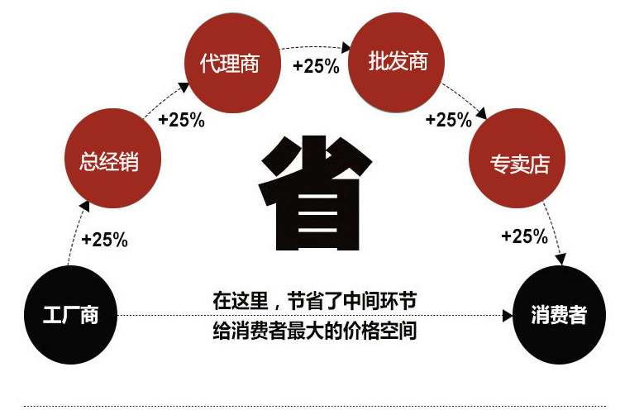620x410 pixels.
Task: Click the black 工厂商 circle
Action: coord(71,314)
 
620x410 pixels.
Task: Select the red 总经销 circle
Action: coord(109,160)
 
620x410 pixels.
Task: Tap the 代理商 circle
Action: coord(229,64)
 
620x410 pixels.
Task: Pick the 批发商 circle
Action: coord(398,62)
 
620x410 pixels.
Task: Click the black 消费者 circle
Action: coord(559,314)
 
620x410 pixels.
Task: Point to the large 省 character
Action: coord(311,196)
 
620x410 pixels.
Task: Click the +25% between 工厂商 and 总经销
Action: coord(105,240)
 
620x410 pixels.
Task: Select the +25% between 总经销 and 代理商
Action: coord(181,120)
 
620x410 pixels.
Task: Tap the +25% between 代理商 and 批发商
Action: coord(316,67)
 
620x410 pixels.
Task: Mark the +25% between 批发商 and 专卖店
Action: coord(448,120)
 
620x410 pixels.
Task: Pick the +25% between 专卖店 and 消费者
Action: coord(525,236)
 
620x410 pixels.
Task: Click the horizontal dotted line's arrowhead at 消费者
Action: coord(507,315)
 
